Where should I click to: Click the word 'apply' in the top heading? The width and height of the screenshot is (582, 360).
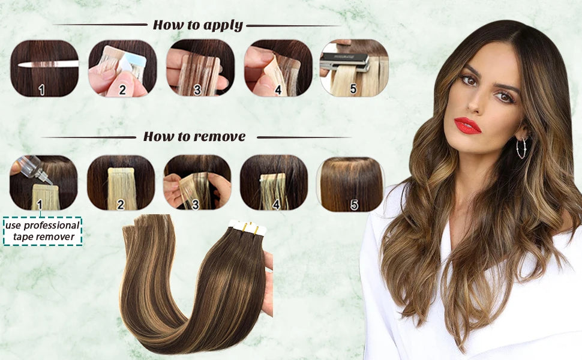click(x=222, y=25)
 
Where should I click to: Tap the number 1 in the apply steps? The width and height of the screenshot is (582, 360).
click(x=41, y=89)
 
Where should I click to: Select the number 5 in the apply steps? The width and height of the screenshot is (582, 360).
click(x=353, y=89)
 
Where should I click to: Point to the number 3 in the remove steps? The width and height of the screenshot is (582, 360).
click(x=195, y=204)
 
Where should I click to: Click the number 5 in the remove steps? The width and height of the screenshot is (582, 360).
click(x=355, y=205)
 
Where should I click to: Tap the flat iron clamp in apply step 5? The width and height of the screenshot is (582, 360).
click(x=345, y=61)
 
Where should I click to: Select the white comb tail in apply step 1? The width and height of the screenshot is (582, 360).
click(x=48, y=64)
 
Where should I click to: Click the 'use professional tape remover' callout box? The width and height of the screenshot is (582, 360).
click(x=43, y=231)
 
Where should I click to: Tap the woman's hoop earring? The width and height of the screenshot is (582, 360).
click(x=521, y=148)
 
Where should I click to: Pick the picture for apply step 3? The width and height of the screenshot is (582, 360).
click(x=200, y=68)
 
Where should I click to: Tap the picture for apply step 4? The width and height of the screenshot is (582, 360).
click(x=278, y=68)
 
